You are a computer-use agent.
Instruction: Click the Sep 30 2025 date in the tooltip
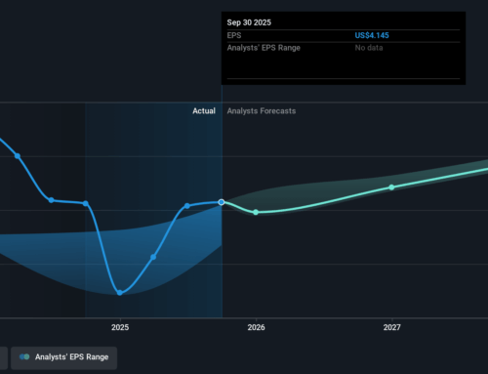(x=250, y=21)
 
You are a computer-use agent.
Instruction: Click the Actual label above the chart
(x=203, y=111)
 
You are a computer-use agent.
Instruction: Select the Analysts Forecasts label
(x=261, y=111)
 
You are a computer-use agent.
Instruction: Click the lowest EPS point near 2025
(x=119, y=292)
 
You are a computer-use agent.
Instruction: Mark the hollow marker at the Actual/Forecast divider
(x=222, y=202)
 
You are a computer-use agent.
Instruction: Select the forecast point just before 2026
(x=256, y=212)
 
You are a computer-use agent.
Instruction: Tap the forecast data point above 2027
(x=391, y=187)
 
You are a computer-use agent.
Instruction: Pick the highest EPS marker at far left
(x=18, y=155)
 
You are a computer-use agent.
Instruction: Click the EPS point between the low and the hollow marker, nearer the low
(x=153, y=257)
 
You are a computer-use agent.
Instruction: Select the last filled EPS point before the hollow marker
(x=187, y=206)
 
